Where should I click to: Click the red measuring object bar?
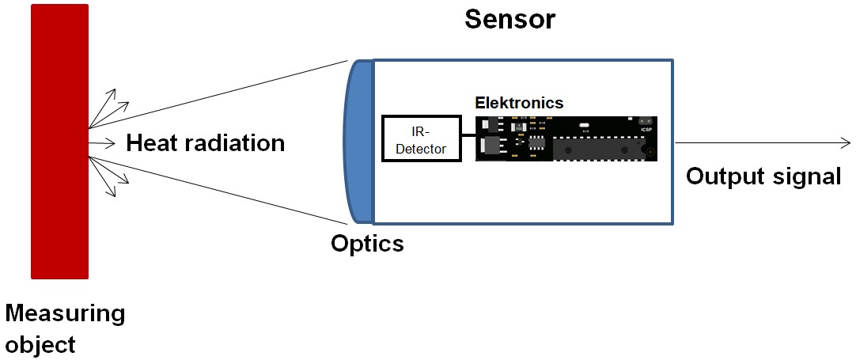(x=59, y=142)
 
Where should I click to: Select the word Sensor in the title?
(x=509, y=20)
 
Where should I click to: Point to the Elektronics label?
(x=518, y=103)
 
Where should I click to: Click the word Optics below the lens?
(x=367, y=244)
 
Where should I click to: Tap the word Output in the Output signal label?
(x=726, y=176)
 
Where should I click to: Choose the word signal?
(x=808, y=176)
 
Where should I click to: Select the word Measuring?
(x=65, y=314)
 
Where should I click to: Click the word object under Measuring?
(x=40, y=345)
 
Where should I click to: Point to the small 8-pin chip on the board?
(x=537, y=142)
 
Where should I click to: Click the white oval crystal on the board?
(x=584, y=125)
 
